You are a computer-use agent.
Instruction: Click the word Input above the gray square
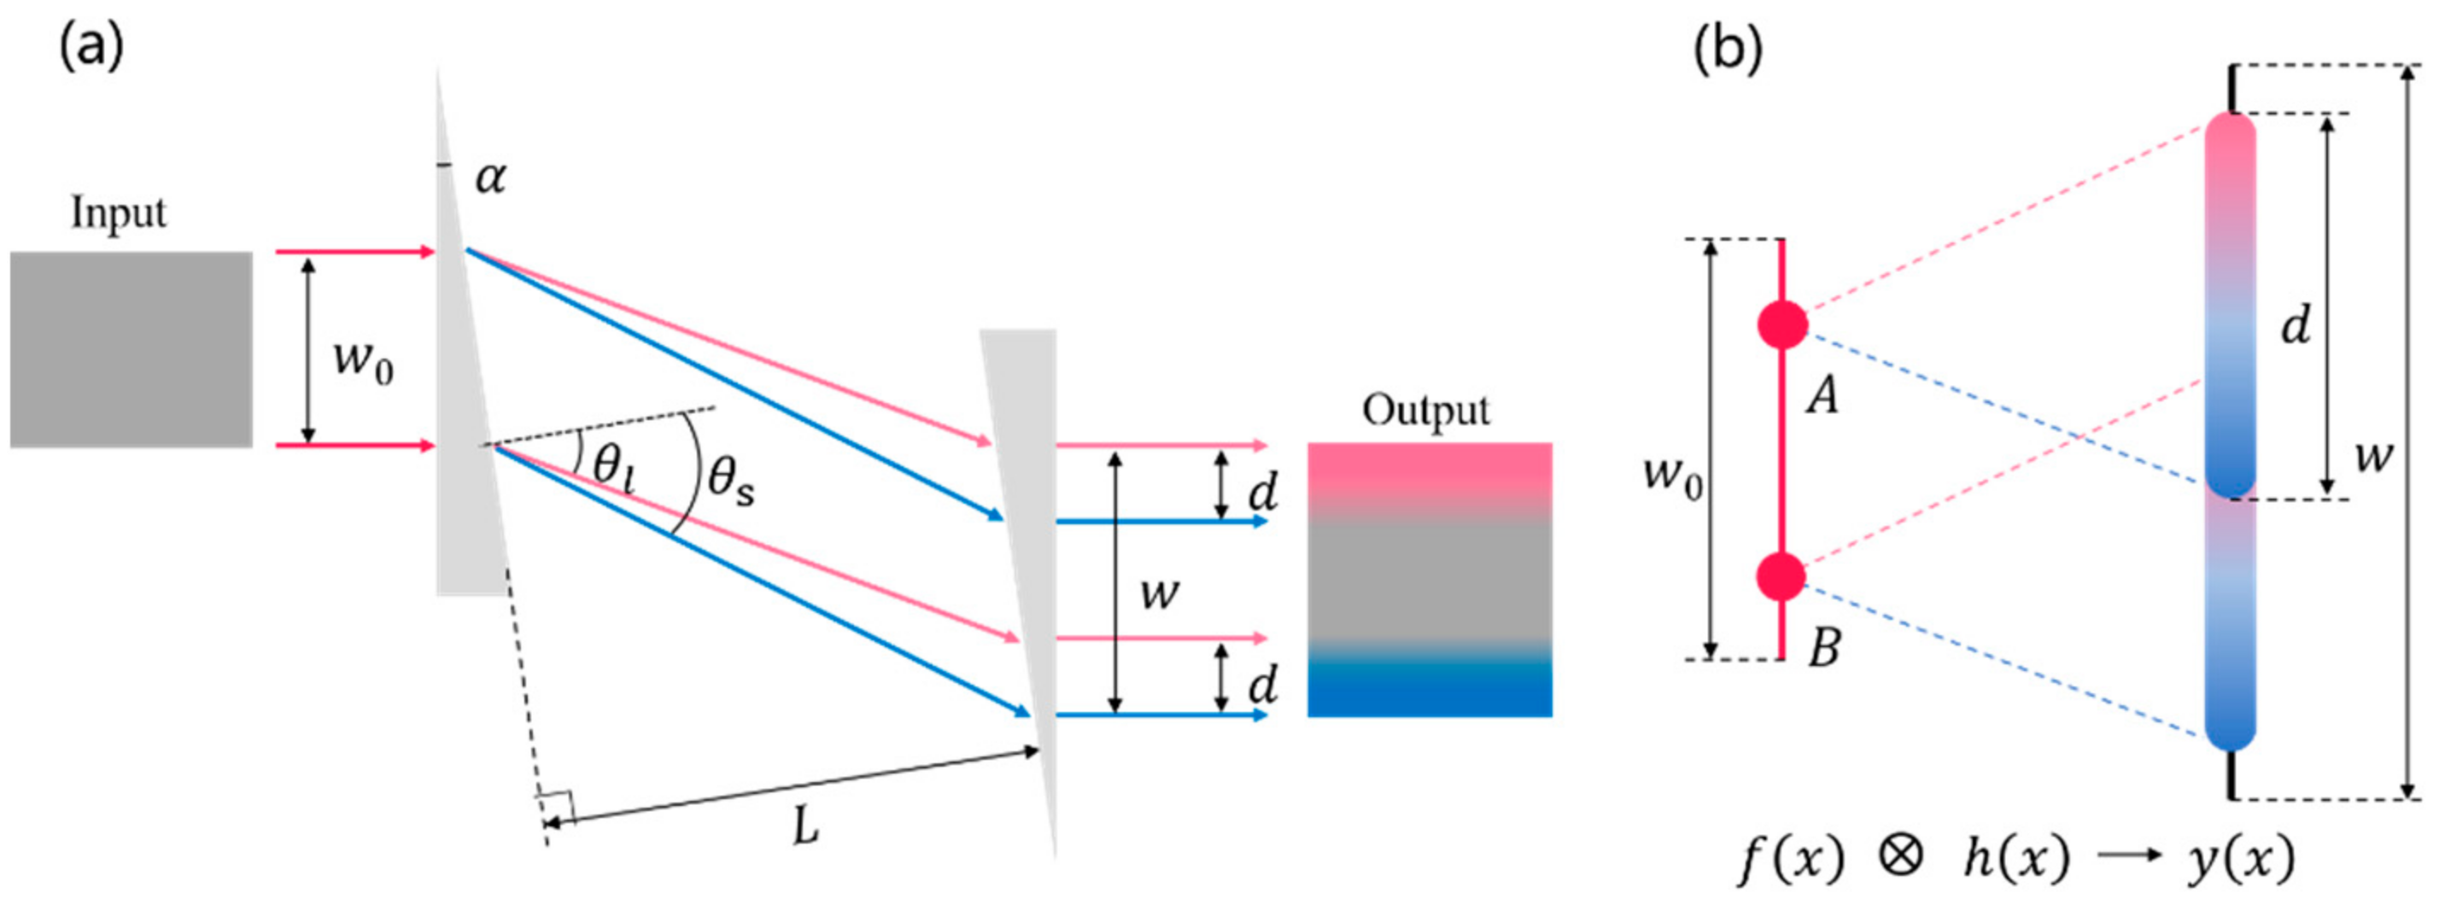(119, 213)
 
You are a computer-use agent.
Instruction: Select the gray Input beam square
(132, 349)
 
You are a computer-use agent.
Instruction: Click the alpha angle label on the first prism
(490, 177)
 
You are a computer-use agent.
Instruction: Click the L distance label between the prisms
(804, 827)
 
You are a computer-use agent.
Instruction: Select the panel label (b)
(1727, 50)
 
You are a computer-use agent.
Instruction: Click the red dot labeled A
(1783, 324)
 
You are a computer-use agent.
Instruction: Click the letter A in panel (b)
(1822, 395)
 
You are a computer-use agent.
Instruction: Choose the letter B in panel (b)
(1824, 649)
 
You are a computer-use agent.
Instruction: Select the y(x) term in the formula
(2241, 860)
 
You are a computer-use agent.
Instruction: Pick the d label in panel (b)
(2295, 325)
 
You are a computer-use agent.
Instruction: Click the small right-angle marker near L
(556, 808)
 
